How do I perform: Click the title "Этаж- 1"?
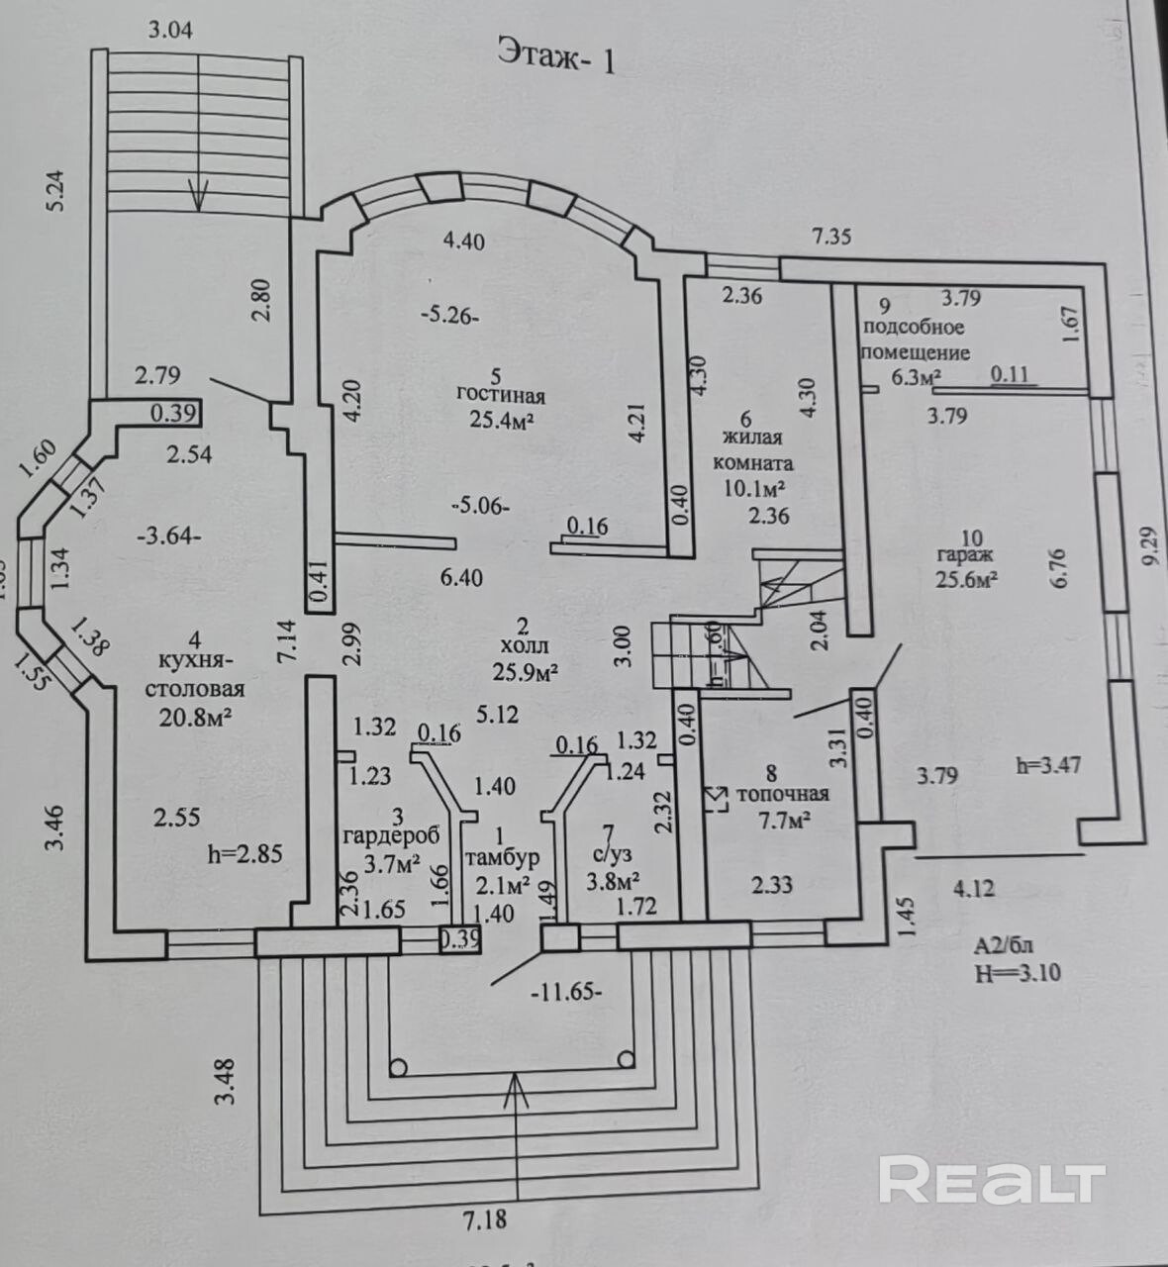click(x=555, y=56)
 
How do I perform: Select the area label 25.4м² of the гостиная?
click(x=501, y=421)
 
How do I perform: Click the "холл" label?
click(x=525, y=647)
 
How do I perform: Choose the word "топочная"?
click(x=782, y=794)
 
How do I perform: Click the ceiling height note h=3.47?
click(x=1047, y=764)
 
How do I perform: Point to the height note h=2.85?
click(x=246, y=853)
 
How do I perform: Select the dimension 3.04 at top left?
click(x=169, y=30)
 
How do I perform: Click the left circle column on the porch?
click(x=399, y=1068)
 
